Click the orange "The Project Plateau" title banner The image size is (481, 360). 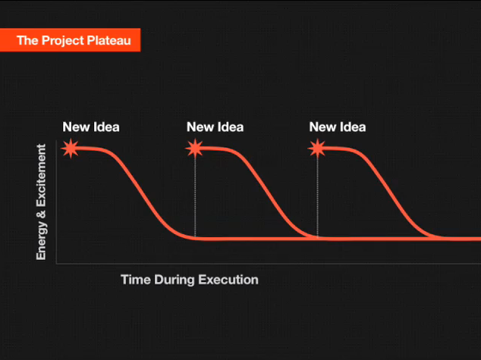(x=70, y=40)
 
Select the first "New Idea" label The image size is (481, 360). (x=91, y=127)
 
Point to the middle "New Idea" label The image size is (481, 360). (x=215, y=127)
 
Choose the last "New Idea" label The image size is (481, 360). (x=338, y=127)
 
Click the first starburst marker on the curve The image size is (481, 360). (x=71, y=149)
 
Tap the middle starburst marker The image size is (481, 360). (x=194, y=149)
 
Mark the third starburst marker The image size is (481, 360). (x=317, y=149)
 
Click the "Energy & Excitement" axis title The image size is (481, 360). (x=41, y=202)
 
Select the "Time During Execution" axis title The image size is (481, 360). (x=190, y=280)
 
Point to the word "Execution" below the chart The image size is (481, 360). (x=228, y=280)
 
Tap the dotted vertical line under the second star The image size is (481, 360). (x=195, y=198)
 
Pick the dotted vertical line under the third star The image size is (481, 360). (x=317, y=198)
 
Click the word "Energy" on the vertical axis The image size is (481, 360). (x=42, y=241)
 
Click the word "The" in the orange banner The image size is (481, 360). (x=27, y=40)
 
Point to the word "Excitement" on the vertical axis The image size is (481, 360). (x=41, y=175)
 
